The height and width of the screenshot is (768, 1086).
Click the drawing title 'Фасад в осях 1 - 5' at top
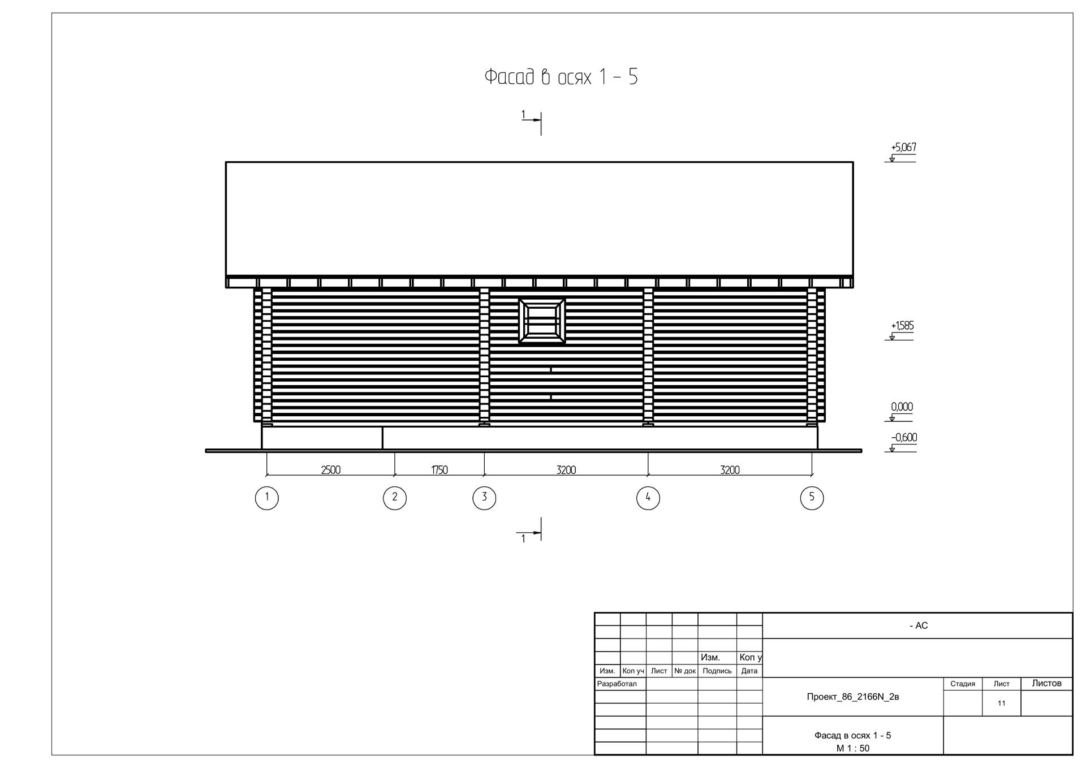(x=561, y=77)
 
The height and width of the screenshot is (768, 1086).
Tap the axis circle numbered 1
(x=267, y=498)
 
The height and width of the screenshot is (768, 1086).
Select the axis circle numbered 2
(x=395, y=498)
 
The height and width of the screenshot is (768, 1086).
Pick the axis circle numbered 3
(x=484, y=498)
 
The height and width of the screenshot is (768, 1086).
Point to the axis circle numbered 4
(x=648, y=498)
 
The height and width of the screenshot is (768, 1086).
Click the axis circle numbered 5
(x=812, y=498)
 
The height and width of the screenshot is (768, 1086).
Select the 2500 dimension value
(x=331, y=470)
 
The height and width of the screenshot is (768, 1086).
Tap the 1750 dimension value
(x=439, y=470)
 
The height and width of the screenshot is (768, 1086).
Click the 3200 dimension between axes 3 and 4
(x=566, y=470)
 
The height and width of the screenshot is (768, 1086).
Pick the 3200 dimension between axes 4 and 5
(x=730, y=470)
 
